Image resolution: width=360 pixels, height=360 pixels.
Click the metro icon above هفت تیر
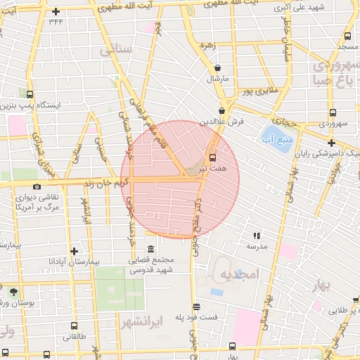pyautogui.click(x=212, y=157)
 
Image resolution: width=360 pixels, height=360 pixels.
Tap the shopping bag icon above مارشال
pyautogui.click(x=219, y=67)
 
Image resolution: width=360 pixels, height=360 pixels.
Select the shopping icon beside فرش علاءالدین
pyautogui.click(x=222, y=110)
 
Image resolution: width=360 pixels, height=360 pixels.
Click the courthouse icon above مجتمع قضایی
pyautogui.click(x=151, y=249)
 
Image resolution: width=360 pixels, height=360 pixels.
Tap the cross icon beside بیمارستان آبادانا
pyautogui.click(x=74, y=250)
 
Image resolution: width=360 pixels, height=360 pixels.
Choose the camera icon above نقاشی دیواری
pyautogui.click(x=37, y=187)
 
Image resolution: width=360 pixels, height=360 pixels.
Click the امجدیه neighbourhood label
pyautogui.click(x=240, y=273)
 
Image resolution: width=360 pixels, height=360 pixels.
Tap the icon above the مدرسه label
pyautogui.click(x=257, y=236)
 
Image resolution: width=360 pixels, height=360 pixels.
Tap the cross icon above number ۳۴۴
pyautogui.click(x=56, y=11)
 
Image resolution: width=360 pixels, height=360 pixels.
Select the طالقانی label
pyautogui.click(x=75, y=337)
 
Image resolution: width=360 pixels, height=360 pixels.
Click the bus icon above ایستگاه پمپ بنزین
pyautogui.click(x=30, y=94)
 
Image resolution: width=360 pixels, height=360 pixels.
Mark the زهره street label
pyautogui.click(x=207, y=45)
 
